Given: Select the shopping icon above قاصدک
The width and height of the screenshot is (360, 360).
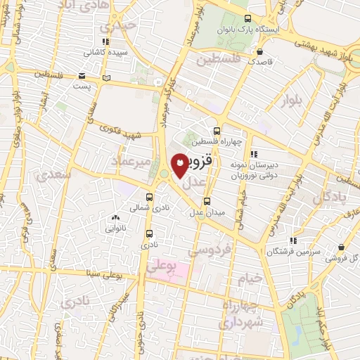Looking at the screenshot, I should (x=260, y=51).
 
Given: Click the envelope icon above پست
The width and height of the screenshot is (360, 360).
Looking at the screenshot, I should (x=82, y=75).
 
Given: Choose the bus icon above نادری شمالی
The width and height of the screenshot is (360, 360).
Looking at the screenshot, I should (x=149, y=198).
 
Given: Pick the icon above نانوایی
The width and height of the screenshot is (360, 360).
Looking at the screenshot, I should (x=116, y=219).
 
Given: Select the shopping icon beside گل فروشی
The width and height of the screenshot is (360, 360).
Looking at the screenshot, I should (x=342, y=247).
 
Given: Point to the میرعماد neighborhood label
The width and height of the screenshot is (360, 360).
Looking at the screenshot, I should (x=130, y=161).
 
